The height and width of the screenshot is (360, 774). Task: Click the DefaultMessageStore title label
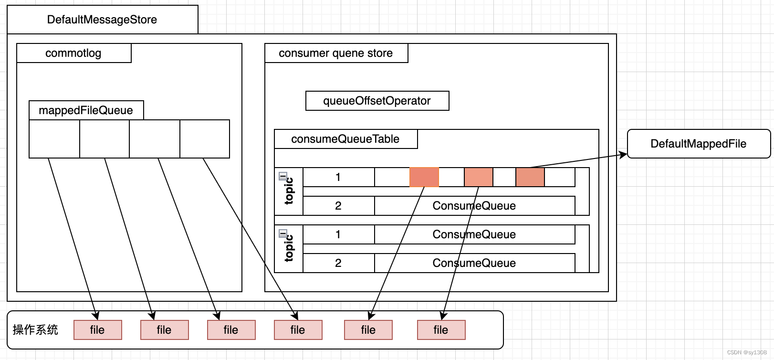(102, 20)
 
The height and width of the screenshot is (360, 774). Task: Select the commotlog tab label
(73, 53)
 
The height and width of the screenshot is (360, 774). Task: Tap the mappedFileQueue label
(86, 110)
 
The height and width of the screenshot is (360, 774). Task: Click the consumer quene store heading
(336, 53)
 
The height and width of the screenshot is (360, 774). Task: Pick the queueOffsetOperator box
(377, 101)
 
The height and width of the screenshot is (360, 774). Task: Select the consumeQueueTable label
(345, 139)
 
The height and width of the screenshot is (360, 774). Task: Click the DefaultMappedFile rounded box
(698, 144)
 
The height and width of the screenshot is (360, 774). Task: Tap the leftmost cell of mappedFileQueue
(54, 138)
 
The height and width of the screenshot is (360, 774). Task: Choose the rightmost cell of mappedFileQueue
(205, 138)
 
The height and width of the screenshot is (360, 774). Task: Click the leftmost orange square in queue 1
(424, 177)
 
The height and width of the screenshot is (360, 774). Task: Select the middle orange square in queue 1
(479, 177)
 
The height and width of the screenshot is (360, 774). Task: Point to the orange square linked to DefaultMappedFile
(530, 177)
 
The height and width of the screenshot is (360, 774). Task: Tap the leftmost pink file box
(97, 330)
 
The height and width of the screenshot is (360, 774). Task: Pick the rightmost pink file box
(441, 330)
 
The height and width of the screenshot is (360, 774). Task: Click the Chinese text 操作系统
(35, 330)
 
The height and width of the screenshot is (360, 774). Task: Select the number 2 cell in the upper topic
(338, 206)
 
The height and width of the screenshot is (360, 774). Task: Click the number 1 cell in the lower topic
(338, 234)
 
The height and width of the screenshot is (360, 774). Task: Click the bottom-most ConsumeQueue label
(474, 263)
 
